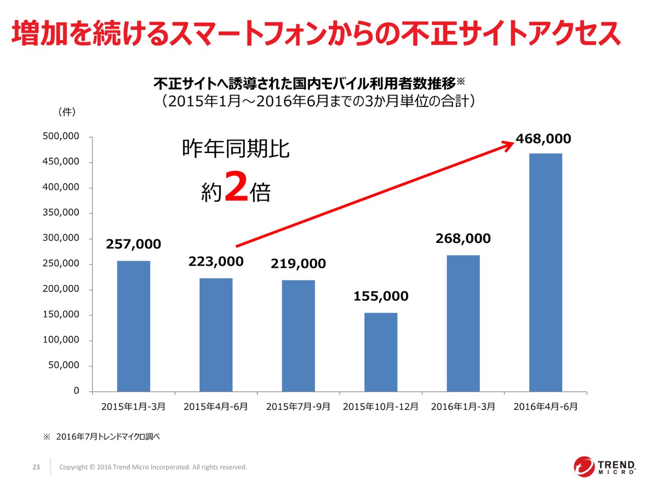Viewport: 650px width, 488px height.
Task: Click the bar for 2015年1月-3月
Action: pos(134,326)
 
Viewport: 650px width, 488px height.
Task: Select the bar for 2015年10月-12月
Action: pos(381,352)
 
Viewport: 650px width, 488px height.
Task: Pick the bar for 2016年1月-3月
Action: pos(463,323)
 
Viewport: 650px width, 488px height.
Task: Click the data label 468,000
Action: pos(543,139)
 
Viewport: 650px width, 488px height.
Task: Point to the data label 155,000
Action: pos(381,297)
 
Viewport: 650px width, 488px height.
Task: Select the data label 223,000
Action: pos(216,262)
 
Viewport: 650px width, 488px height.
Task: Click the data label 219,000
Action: pos(298,264)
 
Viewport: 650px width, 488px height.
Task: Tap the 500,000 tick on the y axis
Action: pos(61,137)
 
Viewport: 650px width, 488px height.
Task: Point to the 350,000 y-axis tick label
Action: pos(61,213)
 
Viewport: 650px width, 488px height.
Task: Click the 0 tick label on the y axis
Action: pos(76,391)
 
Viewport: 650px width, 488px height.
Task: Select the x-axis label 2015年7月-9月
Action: pos(298,407)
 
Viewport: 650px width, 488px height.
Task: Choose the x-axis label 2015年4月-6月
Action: pos(216,407)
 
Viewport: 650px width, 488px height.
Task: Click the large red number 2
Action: pos(236,187)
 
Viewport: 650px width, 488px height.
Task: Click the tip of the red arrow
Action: pos(512,142)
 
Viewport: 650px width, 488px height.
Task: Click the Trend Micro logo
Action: pos(604,467)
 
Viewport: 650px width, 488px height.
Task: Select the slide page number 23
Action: pos(37,467)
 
